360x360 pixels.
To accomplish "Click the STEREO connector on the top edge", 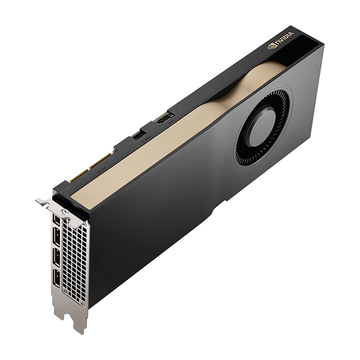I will [138, 136].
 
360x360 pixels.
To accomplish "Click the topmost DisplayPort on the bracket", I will [56, 223].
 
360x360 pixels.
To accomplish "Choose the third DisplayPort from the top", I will [56, 257].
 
